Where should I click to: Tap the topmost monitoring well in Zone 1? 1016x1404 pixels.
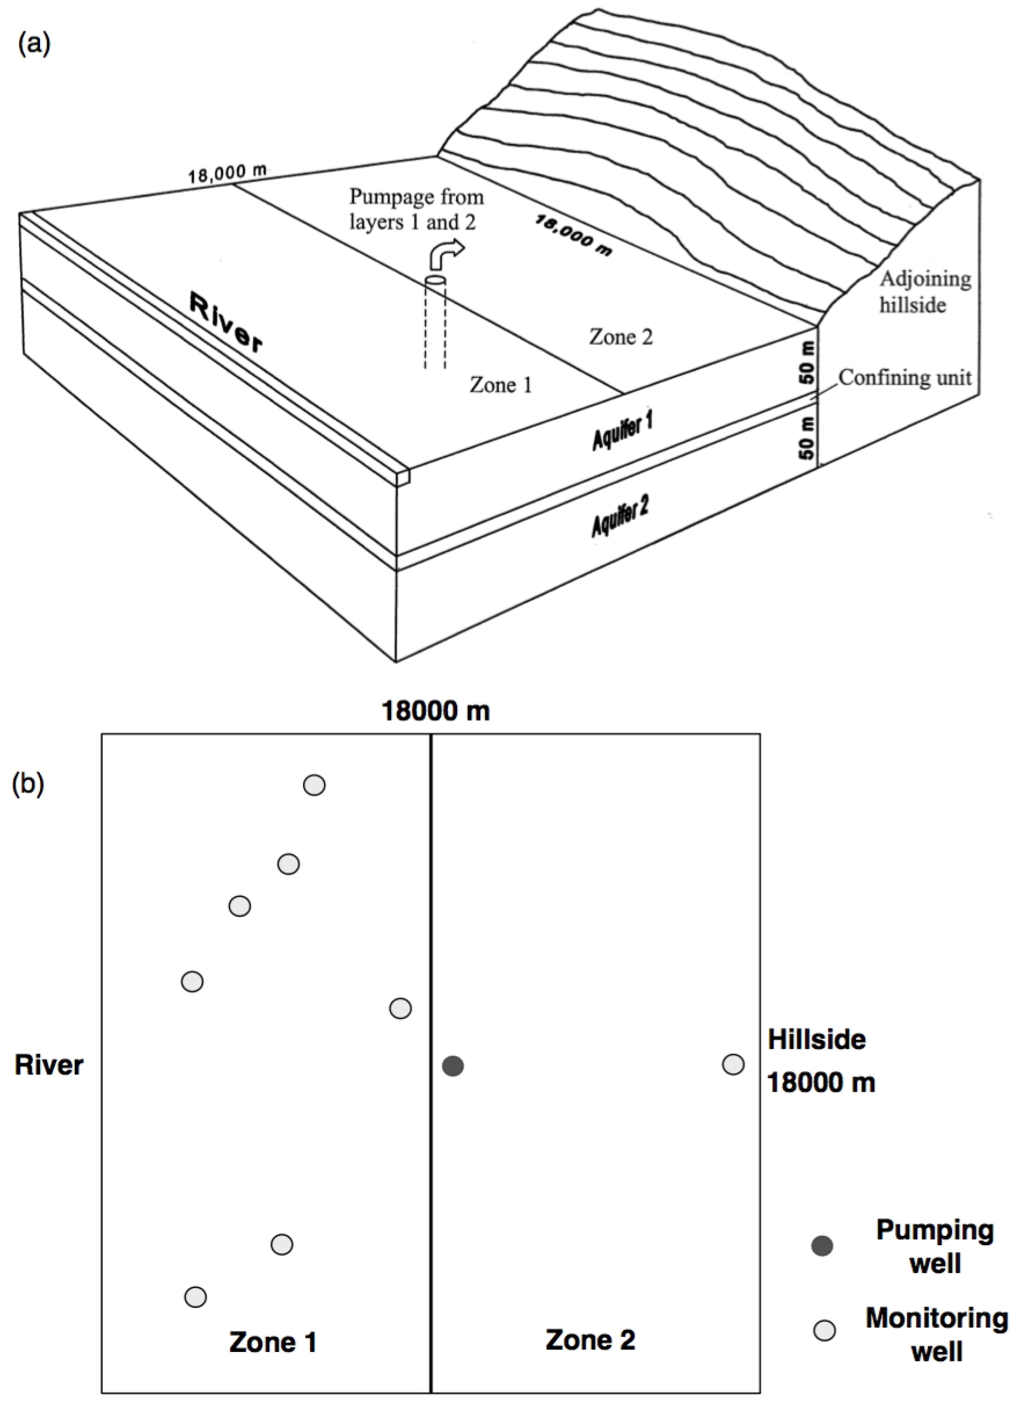[314, 785]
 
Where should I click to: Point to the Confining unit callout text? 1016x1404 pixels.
[905, 378]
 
